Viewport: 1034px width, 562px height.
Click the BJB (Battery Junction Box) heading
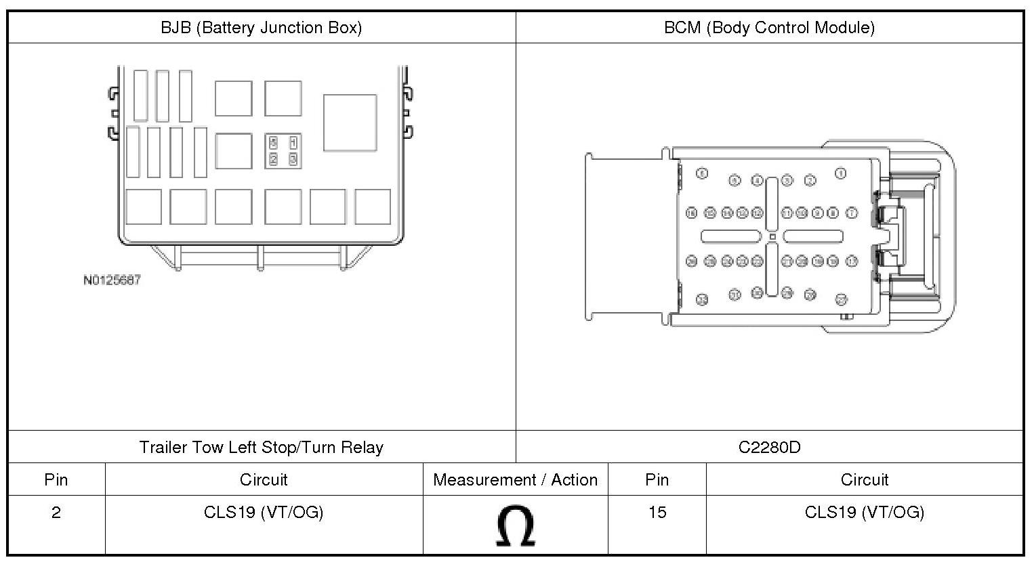point(261,28)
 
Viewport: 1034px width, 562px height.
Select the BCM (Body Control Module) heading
point(769,28)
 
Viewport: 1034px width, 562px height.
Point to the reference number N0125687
point(112,280)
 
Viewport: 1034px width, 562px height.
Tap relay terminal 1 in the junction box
point(293,143)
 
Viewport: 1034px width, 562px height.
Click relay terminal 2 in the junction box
point(273,159)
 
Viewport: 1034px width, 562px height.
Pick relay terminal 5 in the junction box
point(273,143)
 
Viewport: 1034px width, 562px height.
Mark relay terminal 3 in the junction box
point(293,159)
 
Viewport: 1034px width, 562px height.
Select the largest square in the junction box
point(350,123)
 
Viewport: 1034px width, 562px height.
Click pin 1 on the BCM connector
point(841,173)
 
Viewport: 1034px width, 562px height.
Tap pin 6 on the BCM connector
point(702,173)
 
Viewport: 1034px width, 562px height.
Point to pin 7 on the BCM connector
point(852,213)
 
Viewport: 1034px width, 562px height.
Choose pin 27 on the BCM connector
point(842,298)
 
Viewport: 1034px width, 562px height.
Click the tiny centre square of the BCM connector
point(772,236)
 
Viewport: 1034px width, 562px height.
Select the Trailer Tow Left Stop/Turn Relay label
point(261,448)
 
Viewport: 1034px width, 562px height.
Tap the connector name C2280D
point(769,448)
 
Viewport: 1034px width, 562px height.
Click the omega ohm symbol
point(516,527)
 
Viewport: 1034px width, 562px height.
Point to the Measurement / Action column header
point(516,480)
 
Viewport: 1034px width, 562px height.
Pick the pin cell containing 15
point(657,513)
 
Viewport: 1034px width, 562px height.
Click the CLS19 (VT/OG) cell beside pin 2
point(264,513)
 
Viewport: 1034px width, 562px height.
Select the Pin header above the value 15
point(657,480)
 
